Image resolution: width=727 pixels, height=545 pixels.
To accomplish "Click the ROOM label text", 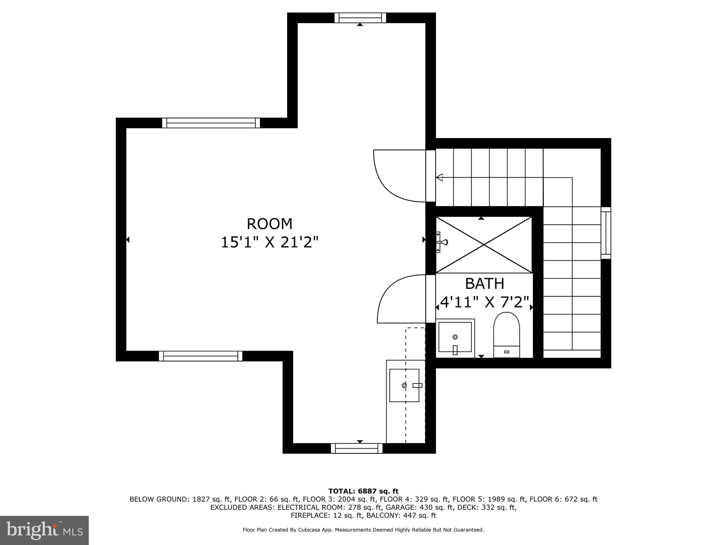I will [x=269, y=224].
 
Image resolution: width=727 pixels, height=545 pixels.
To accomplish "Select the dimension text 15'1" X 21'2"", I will [x=269, y=243].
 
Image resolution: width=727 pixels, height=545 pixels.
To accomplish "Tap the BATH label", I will [x=484, y=283].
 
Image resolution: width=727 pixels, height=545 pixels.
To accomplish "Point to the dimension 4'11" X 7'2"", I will [x=484, y=302].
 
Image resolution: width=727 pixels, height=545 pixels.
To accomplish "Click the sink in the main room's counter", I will [x=404, y=385].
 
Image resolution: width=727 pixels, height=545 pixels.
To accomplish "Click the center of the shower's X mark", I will [x=484, y=244].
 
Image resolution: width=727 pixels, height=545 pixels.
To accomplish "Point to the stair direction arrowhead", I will [x=439, y=177].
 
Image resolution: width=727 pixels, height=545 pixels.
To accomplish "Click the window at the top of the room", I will [x=360, y=17].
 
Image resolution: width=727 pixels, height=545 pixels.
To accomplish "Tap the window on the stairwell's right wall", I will [x=606, y=233].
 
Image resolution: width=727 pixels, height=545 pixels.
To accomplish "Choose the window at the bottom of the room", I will [x=356, y=448].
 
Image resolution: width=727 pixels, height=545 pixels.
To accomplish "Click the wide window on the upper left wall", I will [x=211, y=123].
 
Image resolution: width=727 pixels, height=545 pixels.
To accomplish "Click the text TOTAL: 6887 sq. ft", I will [x=363, y=491].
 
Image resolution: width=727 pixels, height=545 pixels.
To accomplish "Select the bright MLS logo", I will [x=44, y=530].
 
